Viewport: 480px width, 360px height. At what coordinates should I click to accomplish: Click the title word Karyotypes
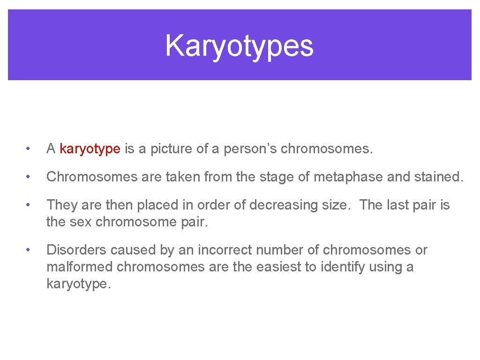pos(239,46)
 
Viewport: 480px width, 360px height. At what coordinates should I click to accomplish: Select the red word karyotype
pos(90,149)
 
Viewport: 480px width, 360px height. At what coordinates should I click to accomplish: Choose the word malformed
pos(80,267)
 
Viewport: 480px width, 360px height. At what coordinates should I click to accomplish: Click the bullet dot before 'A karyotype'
pos(29,150)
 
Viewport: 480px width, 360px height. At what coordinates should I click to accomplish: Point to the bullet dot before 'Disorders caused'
pos(29,251)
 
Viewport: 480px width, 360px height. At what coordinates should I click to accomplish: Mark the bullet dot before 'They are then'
pos(29,206)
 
